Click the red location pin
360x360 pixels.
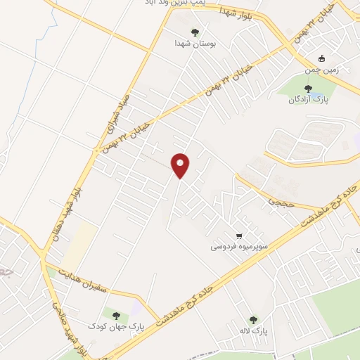click(x=181, y=165)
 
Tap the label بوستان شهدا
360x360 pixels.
click(x=195, y=43)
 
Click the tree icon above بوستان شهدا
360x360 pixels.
click(x=195, y=32)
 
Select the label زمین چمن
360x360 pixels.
click(x=321, y=70)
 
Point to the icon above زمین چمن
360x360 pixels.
click(x=321, y=59)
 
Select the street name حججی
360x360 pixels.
click(x=275, y=201)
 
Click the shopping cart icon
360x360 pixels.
click(x=240, y=236)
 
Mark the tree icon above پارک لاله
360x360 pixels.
click(x=253, y=319)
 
